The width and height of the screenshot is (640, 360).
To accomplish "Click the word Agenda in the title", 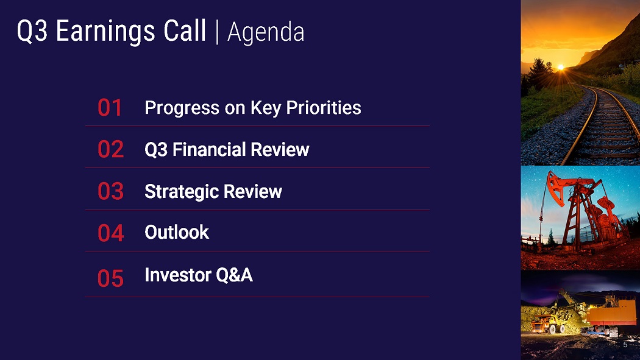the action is pos(266,33).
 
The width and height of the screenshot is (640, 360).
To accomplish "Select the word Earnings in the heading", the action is pos(105,32).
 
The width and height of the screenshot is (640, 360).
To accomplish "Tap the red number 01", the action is pos(110,108).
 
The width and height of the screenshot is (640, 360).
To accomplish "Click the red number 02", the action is pos(110,149).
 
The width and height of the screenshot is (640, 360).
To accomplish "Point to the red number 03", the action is pos(110,191).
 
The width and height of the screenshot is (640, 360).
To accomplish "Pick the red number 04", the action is pos(110,233).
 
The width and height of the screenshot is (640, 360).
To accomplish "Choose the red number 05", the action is pos(110,279).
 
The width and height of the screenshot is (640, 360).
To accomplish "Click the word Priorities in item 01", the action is pos(324,108).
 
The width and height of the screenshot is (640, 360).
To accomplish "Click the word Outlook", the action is pos(177,233).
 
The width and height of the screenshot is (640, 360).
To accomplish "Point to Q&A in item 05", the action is pos(234,275).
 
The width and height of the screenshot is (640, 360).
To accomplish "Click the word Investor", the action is pos(178,275).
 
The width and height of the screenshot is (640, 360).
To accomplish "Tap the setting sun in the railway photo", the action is pos(561,67).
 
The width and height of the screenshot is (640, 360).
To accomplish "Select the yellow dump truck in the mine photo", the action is pos(550,322).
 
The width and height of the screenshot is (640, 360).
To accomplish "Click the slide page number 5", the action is pos(625,345).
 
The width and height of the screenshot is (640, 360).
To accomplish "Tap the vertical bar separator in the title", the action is pos(217,33).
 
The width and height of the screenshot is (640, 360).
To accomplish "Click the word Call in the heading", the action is pos(185,31).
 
